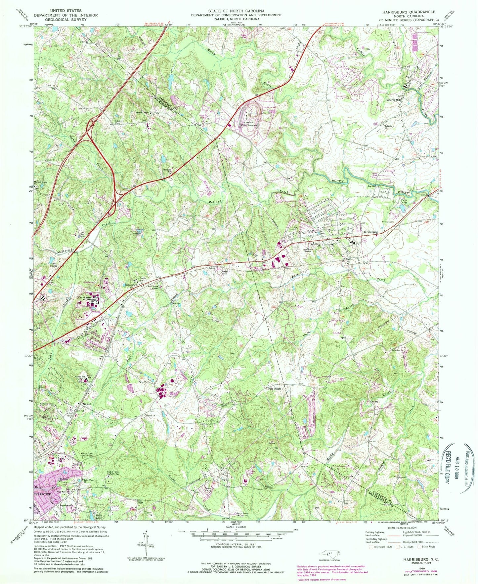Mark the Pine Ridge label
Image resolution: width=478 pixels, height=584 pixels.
pos(274,389)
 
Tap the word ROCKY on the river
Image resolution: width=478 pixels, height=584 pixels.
pos(338,181)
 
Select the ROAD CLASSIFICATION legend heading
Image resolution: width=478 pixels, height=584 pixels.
pos(403,537)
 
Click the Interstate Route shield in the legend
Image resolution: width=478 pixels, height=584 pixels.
pos(371,556)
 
